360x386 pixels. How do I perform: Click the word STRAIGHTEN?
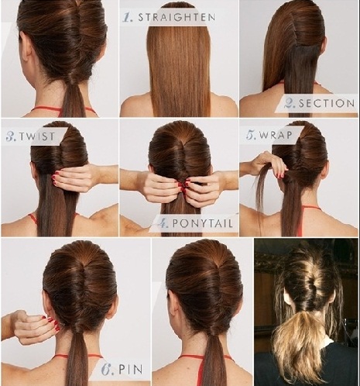[177, 17]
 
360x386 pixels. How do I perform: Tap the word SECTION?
[327, 104]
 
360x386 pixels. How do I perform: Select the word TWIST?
[37, 136]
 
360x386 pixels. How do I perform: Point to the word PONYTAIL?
[202, 223]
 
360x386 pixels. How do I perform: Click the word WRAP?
[276, 135]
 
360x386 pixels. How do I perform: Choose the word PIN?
[131, 369]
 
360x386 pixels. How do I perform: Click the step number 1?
[128, 17]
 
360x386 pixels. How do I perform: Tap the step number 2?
[290, 104]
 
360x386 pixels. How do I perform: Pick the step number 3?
[12, 136]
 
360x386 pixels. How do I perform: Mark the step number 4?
[163, 223]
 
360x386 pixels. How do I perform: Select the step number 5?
[251, 135]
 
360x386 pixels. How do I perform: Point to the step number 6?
[108, 369]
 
